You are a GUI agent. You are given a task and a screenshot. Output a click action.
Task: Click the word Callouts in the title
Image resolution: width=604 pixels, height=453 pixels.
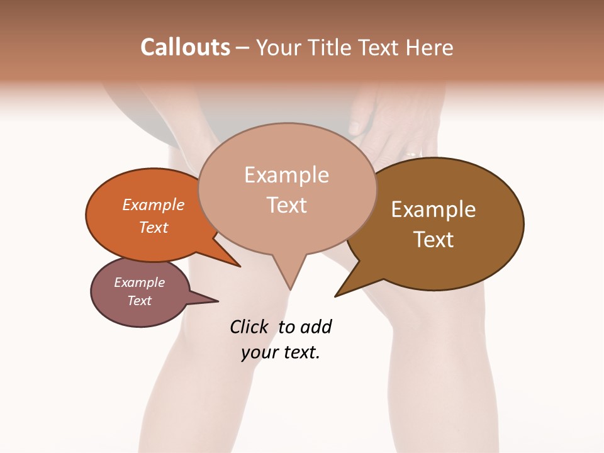click(x=185, y=47)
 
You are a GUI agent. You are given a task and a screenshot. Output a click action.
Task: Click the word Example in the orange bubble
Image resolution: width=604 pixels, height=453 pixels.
click(x=153, y=204)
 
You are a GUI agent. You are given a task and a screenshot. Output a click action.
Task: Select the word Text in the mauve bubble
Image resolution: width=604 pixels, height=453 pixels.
click(x=140, y=301)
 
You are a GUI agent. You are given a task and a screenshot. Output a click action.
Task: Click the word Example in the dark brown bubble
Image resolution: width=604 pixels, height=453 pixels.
click(x=433, y=210)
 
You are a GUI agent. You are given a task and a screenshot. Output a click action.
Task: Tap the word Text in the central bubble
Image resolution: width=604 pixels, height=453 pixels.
click(x=287, y=205)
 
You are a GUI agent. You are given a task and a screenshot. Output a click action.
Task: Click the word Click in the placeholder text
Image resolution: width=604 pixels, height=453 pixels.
click(x=249, y=327)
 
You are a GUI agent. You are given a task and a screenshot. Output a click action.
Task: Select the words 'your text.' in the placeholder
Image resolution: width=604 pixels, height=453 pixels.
click(x=281, y=352)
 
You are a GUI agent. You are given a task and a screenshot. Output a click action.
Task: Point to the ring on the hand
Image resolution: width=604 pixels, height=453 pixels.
click(x=413, y=153)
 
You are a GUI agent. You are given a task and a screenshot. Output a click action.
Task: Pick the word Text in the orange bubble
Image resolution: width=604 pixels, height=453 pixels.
click(x=154, y=227)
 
